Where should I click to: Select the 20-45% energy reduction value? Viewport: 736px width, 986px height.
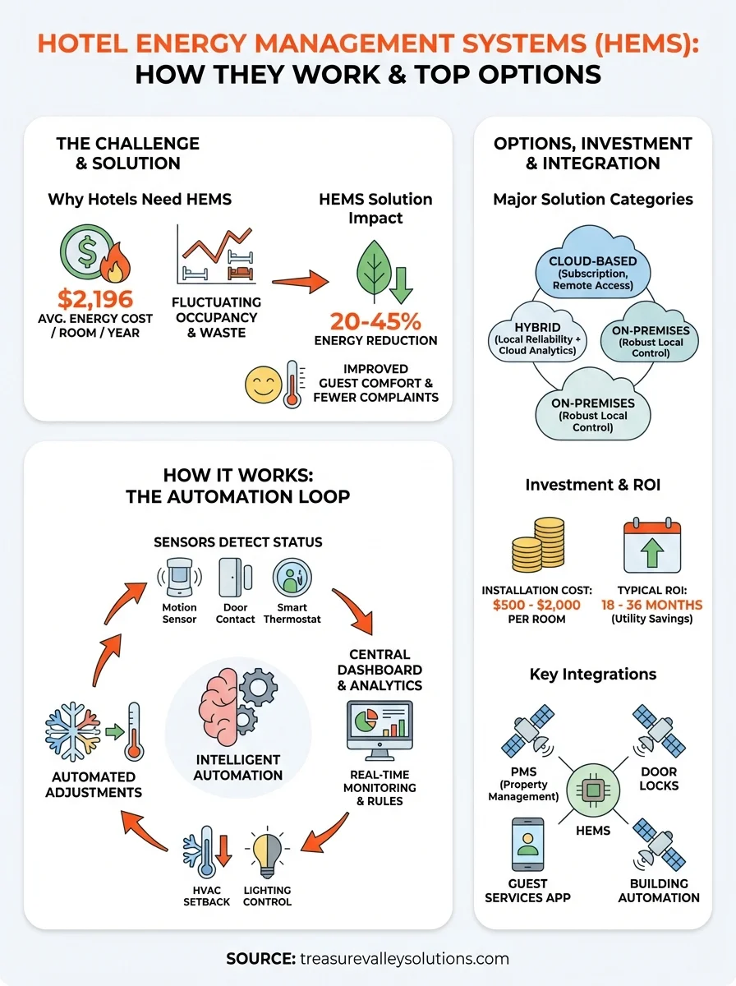[375, 321]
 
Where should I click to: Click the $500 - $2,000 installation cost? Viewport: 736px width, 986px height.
[536, 605]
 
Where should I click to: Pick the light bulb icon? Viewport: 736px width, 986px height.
[267, 855]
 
